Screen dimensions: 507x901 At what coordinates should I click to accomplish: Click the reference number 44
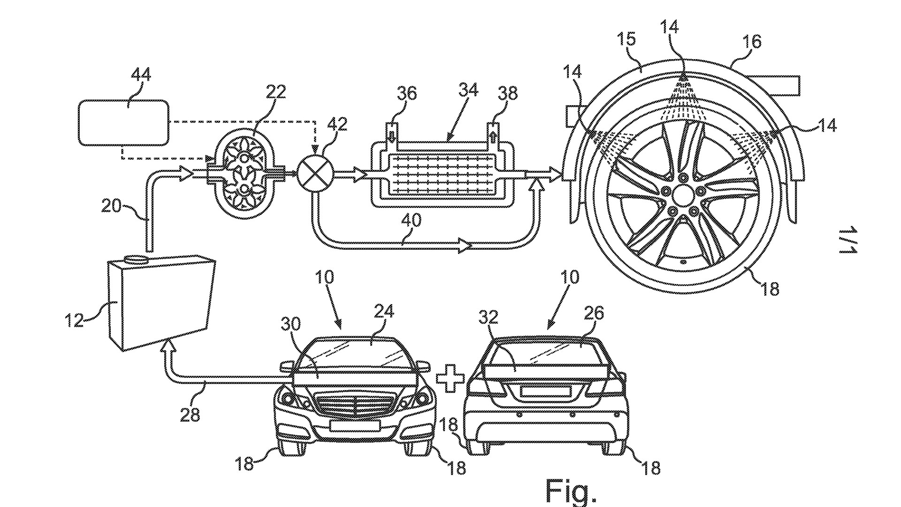140,76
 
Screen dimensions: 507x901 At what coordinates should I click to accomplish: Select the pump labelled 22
244,173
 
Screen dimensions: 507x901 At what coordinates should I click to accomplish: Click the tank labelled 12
160,303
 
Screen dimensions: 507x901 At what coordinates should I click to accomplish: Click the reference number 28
190,415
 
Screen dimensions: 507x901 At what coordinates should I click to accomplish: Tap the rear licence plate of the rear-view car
545,391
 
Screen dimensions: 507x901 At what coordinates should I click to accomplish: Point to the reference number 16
751,42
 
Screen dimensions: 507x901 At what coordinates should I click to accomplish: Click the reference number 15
626,39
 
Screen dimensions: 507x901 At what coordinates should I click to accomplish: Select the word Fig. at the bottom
571,492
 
